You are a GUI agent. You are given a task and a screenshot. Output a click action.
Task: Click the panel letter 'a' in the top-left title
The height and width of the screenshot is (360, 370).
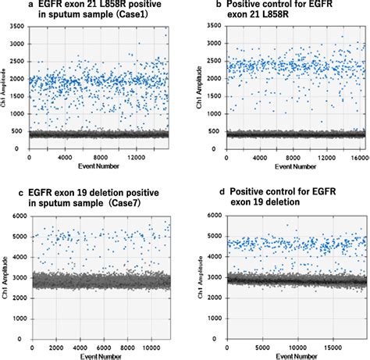pos(6,5)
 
